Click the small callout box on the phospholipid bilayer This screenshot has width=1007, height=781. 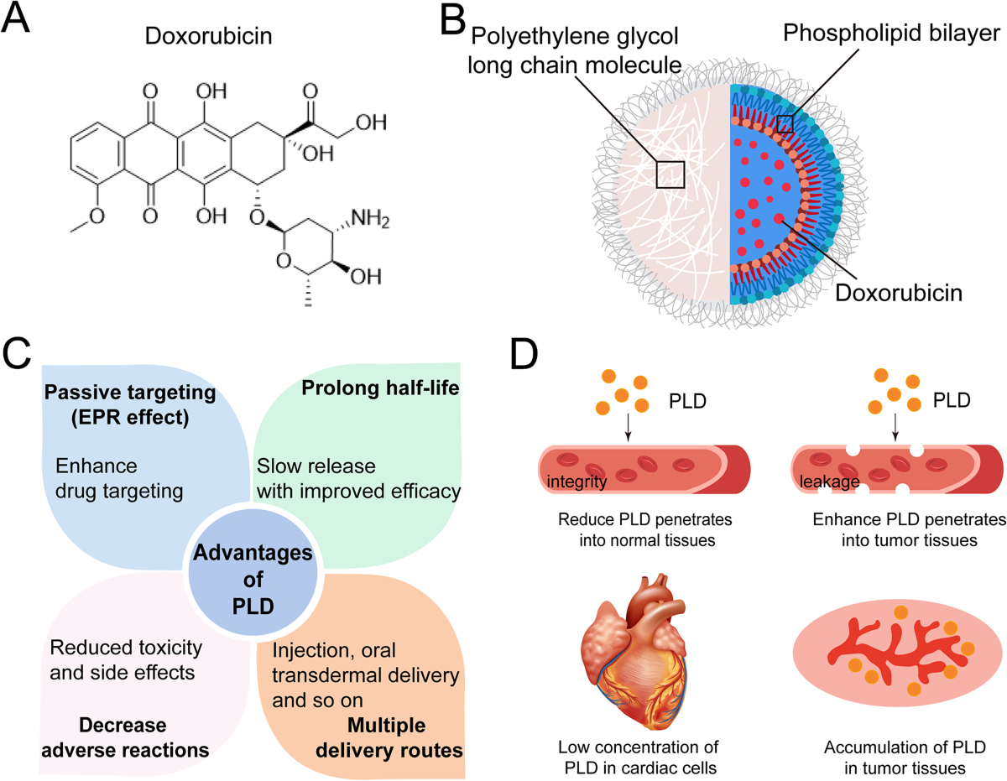click(x=785, y=124)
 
